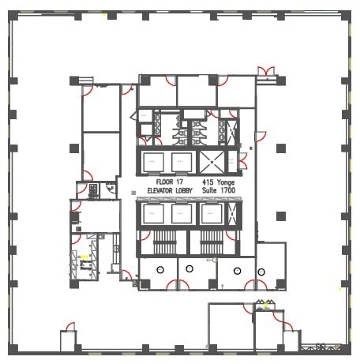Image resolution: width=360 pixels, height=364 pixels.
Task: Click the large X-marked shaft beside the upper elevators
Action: point(212,161)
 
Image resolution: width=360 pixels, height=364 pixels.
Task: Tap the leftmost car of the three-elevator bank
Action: point(151,214)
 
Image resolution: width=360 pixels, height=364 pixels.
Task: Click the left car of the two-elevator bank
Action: point(152,161)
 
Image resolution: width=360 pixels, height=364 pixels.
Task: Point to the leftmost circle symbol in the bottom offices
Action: point(159,270)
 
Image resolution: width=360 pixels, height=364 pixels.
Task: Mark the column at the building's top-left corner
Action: point(15,16)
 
